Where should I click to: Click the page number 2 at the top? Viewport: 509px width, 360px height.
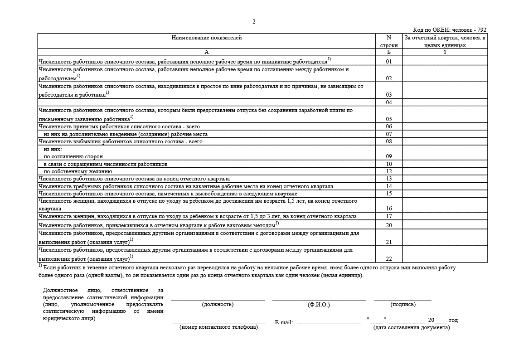[x=254, y=22]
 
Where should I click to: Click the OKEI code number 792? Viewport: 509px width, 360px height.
[x=479, y=30]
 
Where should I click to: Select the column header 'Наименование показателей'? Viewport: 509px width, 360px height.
[x=207, y=38]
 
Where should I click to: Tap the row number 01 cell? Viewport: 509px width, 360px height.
[x=388, y=61]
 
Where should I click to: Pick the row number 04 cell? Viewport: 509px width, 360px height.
[x=388, y=102]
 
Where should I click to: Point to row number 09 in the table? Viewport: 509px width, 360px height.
[x=388, y=156]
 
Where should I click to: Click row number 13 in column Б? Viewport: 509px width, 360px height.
[x=388, y=179]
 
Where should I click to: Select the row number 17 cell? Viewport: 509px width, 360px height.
[x=388, y=216]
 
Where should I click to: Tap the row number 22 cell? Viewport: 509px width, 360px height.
[x=388, y=258]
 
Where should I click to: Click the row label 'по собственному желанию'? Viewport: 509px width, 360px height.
[x=78, y=171]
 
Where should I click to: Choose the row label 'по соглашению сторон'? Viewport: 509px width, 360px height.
[x=73, y=156]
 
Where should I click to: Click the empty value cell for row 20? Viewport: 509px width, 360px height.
[x=445, y=224]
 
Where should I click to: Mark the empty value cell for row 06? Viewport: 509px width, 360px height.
[x=445, y=126]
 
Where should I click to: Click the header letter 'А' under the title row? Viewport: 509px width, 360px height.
[x=207, y=52]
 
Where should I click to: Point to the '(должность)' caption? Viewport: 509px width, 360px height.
[x=218, y=305]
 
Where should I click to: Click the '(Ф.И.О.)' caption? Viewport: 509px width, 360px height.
[x=319, y=305]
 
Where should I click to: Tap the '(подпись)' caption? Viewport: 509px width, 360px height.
[x=402, y=305]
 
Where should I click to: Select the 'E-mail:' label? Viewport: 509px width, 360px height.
[x=284, y=322]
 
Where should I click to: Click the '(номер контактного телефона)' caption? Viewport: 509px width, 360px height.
[x=218, y=327]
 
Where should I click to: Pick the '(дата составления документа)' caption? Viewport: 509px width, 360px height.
[x=412, y=327]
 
